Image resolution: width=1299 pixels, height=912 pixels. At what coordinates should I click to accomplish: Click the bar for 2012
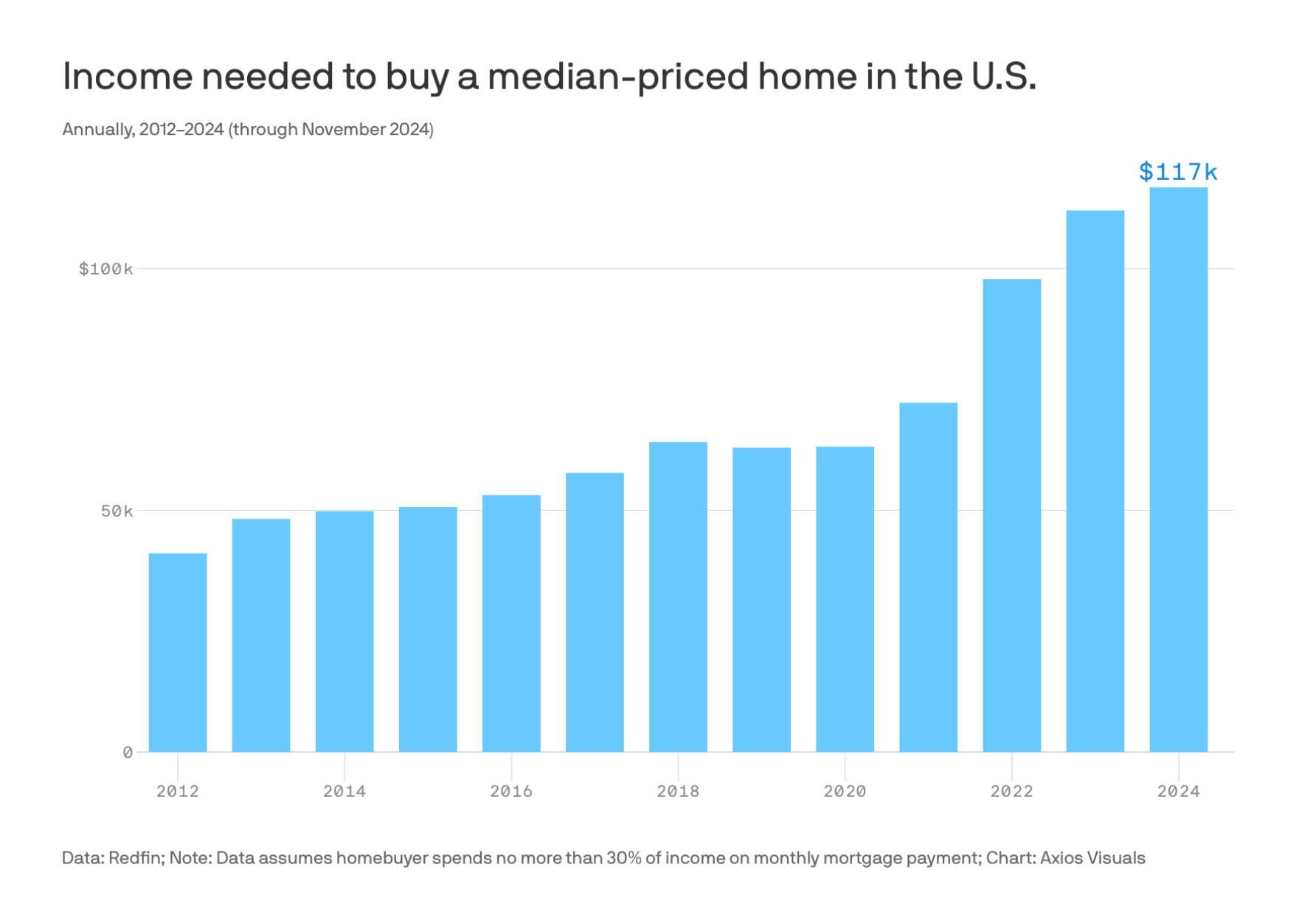(178, 652)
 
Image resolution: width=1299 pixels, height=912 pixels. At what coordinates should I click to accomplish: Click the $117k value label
(1178, 172)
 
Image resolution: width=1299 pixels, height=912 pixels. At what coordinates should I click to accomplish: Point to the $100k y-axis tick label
(106, 269)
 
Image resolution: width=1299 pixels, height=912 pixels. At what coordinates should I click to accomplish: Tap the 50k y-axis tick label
(117, 511)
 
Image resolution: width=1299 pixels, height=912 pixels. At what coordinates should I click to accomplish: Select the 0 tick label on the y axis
(128, 753)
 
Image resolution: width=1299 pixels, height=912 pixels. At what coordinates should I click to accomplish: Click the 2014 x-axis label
(344, 791)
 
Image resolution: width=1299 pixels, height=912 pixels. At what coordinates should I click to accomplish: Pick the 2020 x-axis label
(845, 791)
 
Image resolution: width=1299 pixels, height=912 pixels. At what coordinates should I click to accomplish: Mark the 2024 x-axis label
(1178, 791)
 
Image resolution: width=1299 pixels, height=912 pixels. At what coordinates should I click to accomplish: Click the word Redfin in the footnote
(136, 858)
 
